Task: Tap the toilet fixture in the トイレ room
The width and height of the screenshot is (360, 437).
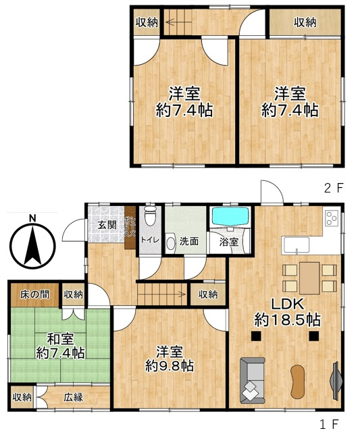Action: tap(151, 215)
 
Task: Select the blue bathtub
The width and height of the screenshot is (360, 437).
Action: tap(230, 217)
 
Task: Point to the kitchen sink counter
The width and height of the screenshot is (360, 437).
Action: tap(297, 246)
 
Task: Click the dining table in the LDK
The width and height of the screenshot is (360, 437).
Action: tap(309, 278)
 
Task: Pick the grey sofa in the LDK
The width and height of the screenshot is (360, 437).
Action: tap(252, 381)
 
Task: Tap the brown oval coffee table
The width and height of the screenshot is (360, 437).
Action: tap(298, 382)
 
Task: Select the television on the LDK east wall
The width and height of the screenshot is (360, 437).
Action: tap(335, 380)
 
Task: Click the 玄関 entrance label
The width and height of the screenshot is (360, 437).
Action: tap(107, 225)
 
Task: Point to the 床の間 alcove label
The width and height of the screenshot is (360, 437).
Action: tap(34, 294)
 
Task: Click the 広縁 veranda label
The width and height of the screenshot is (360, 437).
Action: tap(74, 397)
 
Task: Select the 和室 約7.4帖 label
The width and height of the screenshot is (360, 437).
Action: tap(60, 346)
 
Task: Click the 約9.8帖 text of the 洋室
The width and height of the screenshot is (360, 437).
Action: tap(170, 366)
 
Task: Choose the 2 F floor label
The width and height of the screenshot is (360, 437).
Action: tap(334, 188)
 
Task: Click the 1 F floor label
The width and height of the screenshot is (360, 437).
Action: tap(329, 424)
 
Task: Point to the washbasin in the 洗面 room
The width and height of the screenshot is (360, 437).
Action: tap(170, 243)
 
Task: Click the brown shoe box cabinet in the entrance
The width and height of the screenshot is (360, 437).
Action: tap(130, 228)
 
